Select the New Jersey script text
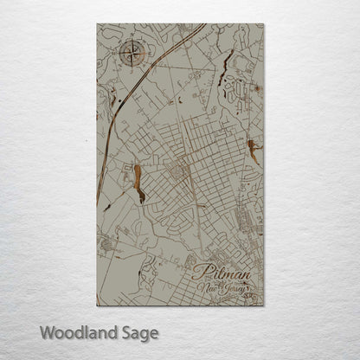pos(225,289)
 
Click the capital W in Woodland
pos(45,332)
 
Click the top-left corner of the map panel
pos(97,23)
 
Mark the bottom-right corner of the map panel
pos(263,305)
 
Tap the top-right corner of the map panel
pos(263,23)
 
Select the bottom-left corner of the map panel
pos(97,305)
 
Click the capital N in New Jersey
pos(201,288)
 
